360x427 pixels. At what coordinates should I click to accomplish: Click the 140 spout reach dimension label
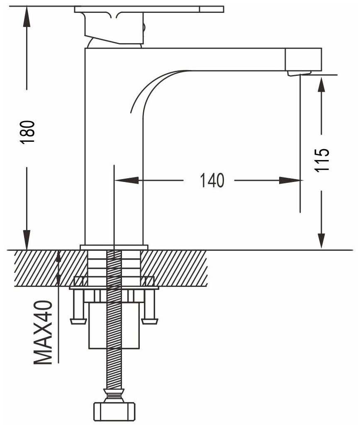click(x=212, y=180)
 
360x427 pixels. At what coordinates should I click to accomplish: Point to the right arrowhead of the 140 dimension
click(x=290, y=180)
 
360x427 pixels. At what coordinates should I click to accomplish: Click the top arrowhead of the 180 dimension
click(x=27, y=16)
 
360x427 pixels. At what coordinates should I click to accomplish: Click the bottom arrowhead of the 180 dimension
click(x=27, y=240)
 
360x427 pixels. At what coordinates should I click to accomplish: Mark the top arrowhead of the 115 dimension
click(x=322, y=85)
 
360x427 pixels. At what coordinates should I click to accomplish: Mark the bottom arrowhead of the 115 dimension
click(x=322, y=240)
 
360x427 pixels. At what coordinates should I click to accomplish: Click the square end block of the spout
click(x=304, y=59)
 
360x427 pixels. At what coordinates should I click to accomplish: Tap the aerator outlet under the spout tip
click(x=298, y=74)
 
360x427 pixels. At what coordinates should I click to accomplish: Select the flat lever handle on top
click(x=149, y=9)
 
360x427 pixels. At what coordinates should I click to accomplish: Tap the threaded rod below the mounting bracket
click(x=113, y=365)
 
